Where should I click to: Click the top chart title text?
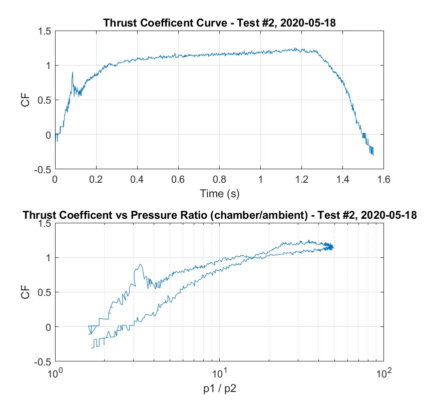[219, 23]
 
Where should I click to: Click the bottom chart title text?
[219, 215]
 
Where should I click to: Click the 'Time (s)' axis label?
[219, 192]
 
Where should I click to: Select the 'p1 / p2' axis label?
[219, 386]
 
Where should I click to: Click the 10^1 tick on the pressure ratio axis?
[219, 373]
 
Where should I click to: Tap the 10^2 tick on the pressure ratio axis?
[383, 373]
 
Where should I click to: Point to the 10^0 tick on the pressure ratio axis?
[55, 373]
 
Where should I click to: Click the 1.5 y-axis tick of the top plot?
[45, 31]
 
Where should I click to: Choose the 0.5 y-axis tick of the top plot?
[45, 100]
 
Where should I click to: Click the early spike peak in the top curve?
[72, 73]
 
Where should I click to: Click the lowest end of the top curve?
[373, 155]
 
